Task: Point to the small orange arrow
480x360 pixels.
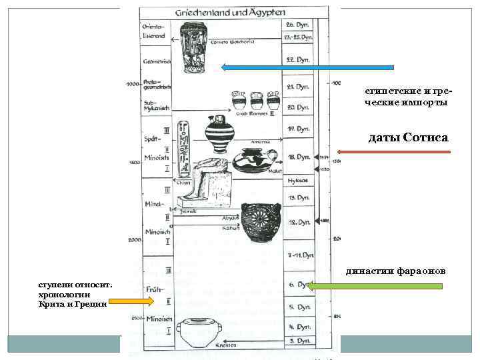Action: click(x=131, y=301)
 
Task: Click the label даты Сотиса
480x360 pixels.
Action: click(x=408, y=138)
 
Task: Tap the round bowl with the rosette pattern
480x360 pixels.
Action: click(x=260, y=223)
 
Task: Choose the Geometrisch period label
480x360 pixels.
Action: click(x=157, y=61)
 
